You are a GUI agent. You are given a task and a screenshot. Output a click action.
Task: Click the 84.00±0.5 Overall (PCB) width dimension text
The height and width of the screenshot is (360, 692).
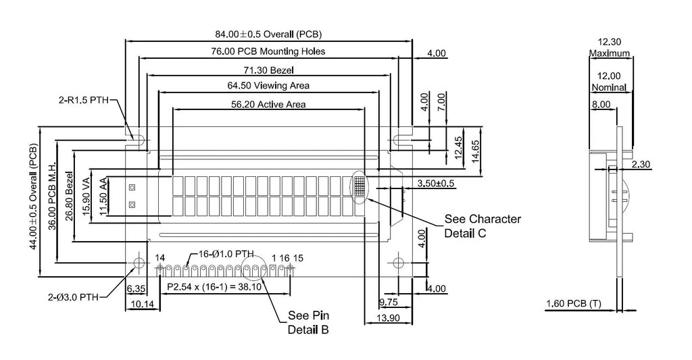coord(268,34)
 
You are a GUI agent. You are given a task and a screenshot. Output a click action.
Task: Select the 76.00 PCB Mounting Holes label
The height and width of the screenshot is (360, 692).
coord(268,51)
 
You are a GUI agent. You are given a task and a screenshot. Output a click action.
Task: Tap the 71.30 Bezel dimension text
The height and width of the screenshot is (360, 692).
coord(268,70)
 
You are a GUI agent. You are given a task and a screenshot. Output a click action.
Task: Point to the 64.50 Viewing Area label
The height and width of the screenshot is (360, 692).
coord(268,85)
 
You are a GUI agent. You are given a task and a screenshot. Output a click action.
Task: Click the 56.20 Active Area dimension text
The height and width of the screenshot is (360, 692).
coord(268,104)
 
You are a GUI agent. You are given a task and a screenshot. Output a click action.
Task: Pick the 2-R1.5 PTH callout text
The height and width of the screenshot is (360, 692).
coord(84,100)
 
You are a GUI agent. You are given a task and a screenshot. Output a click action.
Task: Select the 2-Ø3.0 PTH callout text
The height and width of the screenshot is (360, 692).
coord(73,297)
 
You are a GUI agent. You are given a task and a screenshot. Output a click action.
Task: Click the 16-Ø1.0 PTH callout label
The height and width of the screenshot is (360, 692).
coord(226,254)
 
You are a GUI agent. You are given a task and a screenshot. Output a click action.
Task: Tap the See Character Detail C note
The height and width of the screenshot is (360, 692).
coord(483,226)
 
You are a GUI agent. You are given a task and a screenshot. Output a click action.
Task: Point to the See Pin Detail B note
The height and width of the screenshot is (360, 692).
coord(308,322)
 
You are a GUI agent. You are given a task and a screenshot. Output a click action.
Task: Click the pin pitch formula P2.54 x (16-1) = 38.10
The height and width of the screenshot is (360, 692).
coord(214,287)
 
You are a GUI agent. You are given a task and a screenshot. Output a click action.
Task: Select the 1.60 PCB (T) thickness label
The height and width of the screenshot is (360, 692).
coord(574,303)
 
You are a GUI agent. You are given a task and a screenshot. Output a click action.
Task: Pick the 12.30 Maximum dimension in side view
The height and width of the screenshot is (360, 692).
coord(610,48)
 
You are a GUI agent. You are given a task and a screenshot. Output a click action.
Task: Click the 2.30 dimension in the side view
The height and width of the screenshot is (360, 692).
coord(641,165)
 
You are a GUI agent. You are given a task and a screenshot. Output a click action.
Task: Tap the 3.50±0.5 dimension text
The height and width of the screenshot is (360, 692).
coord(436,183)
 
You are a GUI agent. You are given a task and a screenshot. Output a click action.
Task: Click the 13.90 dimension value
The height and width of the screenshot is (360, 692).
coord(389,317)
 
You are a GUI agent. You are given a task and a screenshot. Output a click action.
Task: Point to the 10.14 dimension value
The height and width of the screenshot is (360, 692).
coord(143,305)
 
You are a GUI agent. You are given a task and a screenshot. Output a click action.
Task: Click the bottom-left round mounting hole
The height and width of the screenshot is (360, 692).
coord(139,263)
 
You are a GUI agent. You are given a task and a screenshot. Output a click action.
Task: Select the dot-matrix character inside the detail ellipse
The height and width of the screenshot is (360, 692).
coord(360,186)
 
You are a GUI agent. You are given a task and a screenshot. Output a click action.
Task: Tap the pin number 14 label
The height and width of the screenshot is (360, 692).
coord(159,257)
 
